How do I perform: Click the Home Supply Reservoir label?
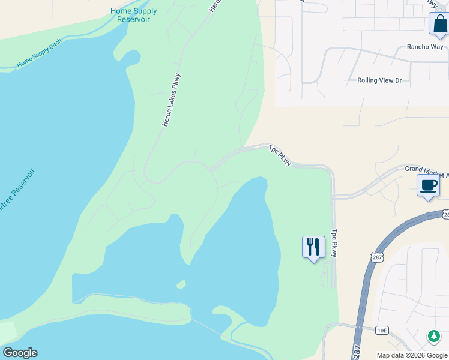(134, 15)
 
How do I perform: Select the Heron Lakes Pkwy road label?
(171, 100)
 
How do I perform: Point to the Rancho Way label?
(424, 46)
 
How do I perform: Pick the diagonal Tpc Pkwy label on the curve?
(280, 155)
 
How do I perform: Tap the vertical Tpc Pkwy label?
(334, 242)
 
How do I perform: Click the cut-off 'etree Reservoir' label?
(17, 193)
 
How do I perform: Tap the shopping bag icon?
(439, 24)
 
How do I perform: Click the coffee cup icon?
(428, 185)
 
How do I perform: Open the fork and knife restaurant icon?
(313, 247)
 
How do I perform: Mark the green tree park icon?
(433, 336)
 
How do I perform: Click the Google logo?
(20, 353)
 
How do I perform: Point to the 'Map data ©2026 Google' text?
(412, 355)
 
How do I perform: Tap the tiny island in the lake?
(180, 284)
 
